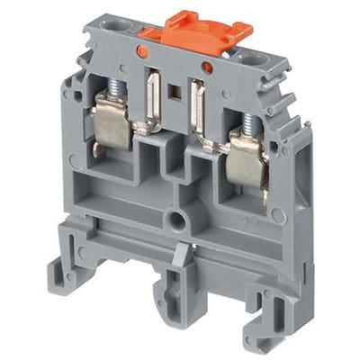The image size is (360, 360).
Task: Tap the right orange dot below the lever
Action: tap(207, 67)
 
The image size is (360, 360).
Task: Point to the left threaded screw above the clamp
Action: tap(116, 88)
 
